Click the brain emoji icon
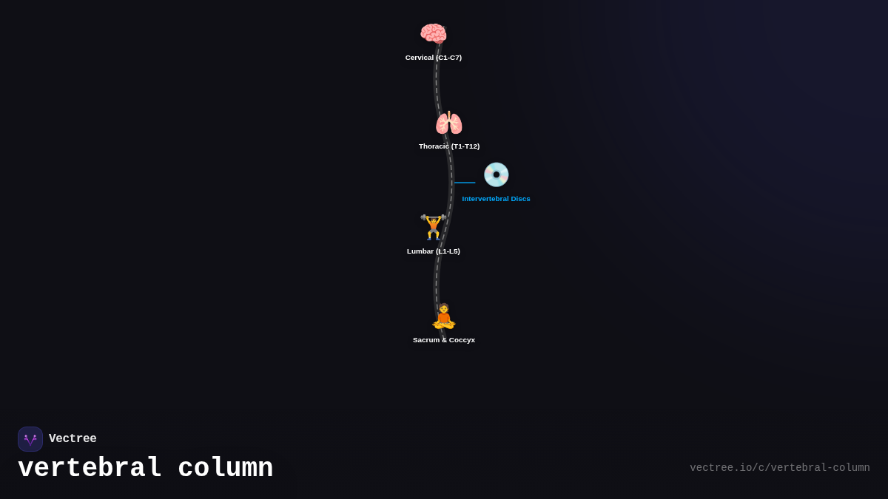(433, 34)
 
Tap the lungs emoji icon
(448, 123)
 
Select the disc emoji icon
(496, 174)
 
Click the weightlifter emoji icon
(433, 227)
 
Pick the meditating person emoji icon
(443, 316)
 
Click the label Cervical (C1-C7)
(434, 58)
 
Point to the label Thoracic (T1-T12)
(449, 146)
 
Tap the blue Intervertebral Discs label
(496, 199)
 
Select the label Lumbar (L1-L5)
(434, 251)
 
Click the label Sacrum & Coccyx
(444, 340)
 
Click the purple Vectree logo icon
(30, 439)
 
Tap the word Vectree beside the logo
(73, 439)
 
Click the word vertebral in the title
(90, 469)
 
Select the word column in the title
(226, 469)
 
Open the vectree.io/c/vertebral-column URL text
(779, 468)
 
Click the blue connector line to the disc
(465, 183)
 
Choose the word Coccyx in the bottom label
(462, 340)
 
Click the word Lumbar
(420, 251)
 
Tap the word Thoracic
(434, 146)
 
